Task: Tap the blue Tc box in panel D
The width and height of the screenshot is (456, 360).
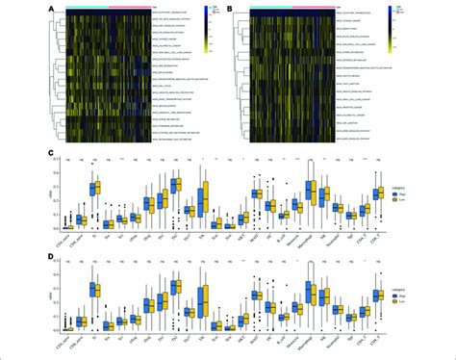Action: [x=91, y=288]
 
